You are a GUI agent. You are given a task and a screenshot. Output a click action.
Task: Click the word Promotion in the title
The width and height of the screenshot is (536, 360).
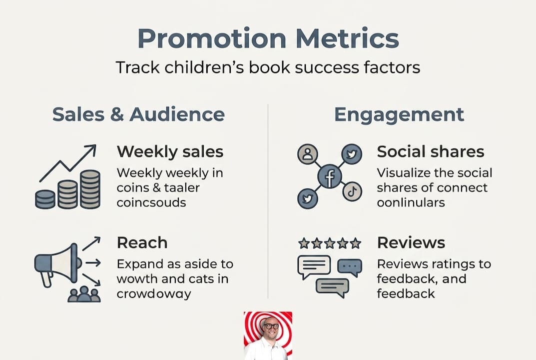(x=212, y=38)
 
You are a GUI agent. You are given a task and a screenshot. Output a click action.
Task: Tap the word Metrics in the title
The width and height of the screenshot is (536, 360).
(x=347, y=38)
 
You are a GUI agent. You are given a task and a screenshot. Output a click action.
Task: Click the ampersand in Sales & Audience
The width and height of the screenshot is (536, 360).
(x=117, y=114)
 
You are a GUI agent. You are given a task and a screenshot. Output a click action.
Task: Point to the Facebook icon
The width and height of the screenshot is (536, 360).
(x=330, y=176)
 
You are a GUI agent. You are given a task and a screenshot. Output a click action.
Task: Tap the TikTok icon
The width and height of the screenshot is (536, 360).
(x=352, y=191)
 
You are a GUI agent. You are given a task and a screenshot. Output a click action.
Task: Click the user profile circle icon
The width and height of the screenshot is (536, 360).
(x=308, y=153)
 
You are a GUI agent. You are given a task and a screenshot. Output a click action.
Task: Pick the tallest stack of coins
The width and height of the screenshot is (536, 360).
(x=90, y=189)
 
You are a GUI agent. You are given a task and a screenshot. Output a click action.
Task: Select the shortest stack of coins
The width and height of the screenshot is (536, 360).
(x=45, y=199)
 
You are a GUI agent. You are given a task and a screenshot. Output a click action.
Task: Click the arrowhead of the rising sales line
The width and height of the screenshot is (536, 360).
(x=91, y=148)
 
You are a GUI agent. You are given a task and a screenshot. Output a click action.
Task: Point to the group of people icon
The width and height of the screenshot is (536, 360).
(x=84, y=294)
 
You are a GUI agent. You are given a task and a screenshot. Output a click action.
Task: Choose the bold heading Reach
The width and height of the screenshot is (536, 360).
(x=142, y=242)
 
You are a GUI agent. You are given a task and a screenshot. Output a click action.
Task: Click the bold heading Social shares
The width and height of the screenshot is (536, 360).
(x=431, y=151)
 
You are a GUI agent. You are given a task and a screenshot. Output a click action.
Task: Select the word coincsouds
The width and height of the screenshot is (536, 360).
(x=151, y=202)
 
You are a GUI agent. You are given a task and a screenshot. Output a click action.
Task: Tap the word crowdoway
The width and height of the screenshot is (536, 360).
(x=154, y=294)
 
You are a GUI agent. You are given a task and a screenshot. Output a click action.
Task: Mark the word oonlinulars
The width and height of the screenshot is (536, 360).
(x=411, y=202)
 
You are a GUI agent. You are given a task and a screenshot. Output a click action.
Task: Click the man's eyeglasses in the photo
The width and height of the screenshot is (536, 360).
(x=271, y=326)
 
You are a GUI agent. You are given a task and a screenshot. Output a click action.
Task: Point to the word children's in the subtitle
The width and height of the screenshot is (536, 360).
(x=204, y=67)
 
